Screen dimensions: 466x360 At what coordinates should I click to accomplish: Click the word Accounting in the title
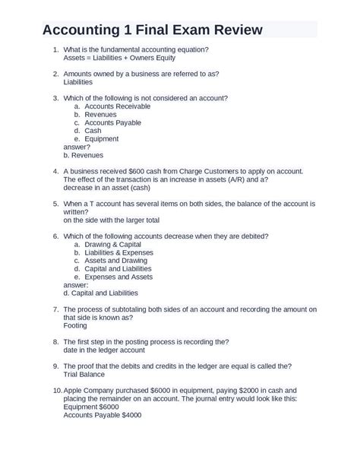coord(84,30)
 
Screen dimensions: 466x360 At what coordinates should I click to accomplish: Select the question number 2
coord(55,74)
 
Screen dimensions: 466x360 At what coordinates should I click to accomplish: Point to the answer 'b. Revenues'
coord(83,154)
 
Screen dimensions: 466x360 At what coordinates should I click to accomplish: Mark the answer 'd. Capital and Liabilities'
coord(100,293)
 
